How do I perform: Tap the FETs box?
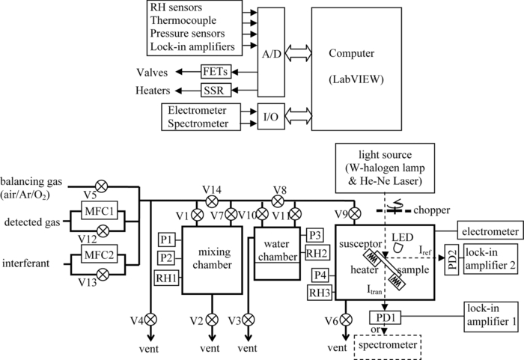point(216,72)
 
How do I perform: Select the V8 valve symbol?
point(279,201)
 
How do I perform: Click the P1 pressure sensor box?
point(166,240)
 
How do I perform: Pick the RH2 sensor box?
point(315,252)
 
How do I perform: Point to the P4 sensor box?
point(320,274)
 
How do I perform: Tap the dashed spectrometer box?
point(386,346)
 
